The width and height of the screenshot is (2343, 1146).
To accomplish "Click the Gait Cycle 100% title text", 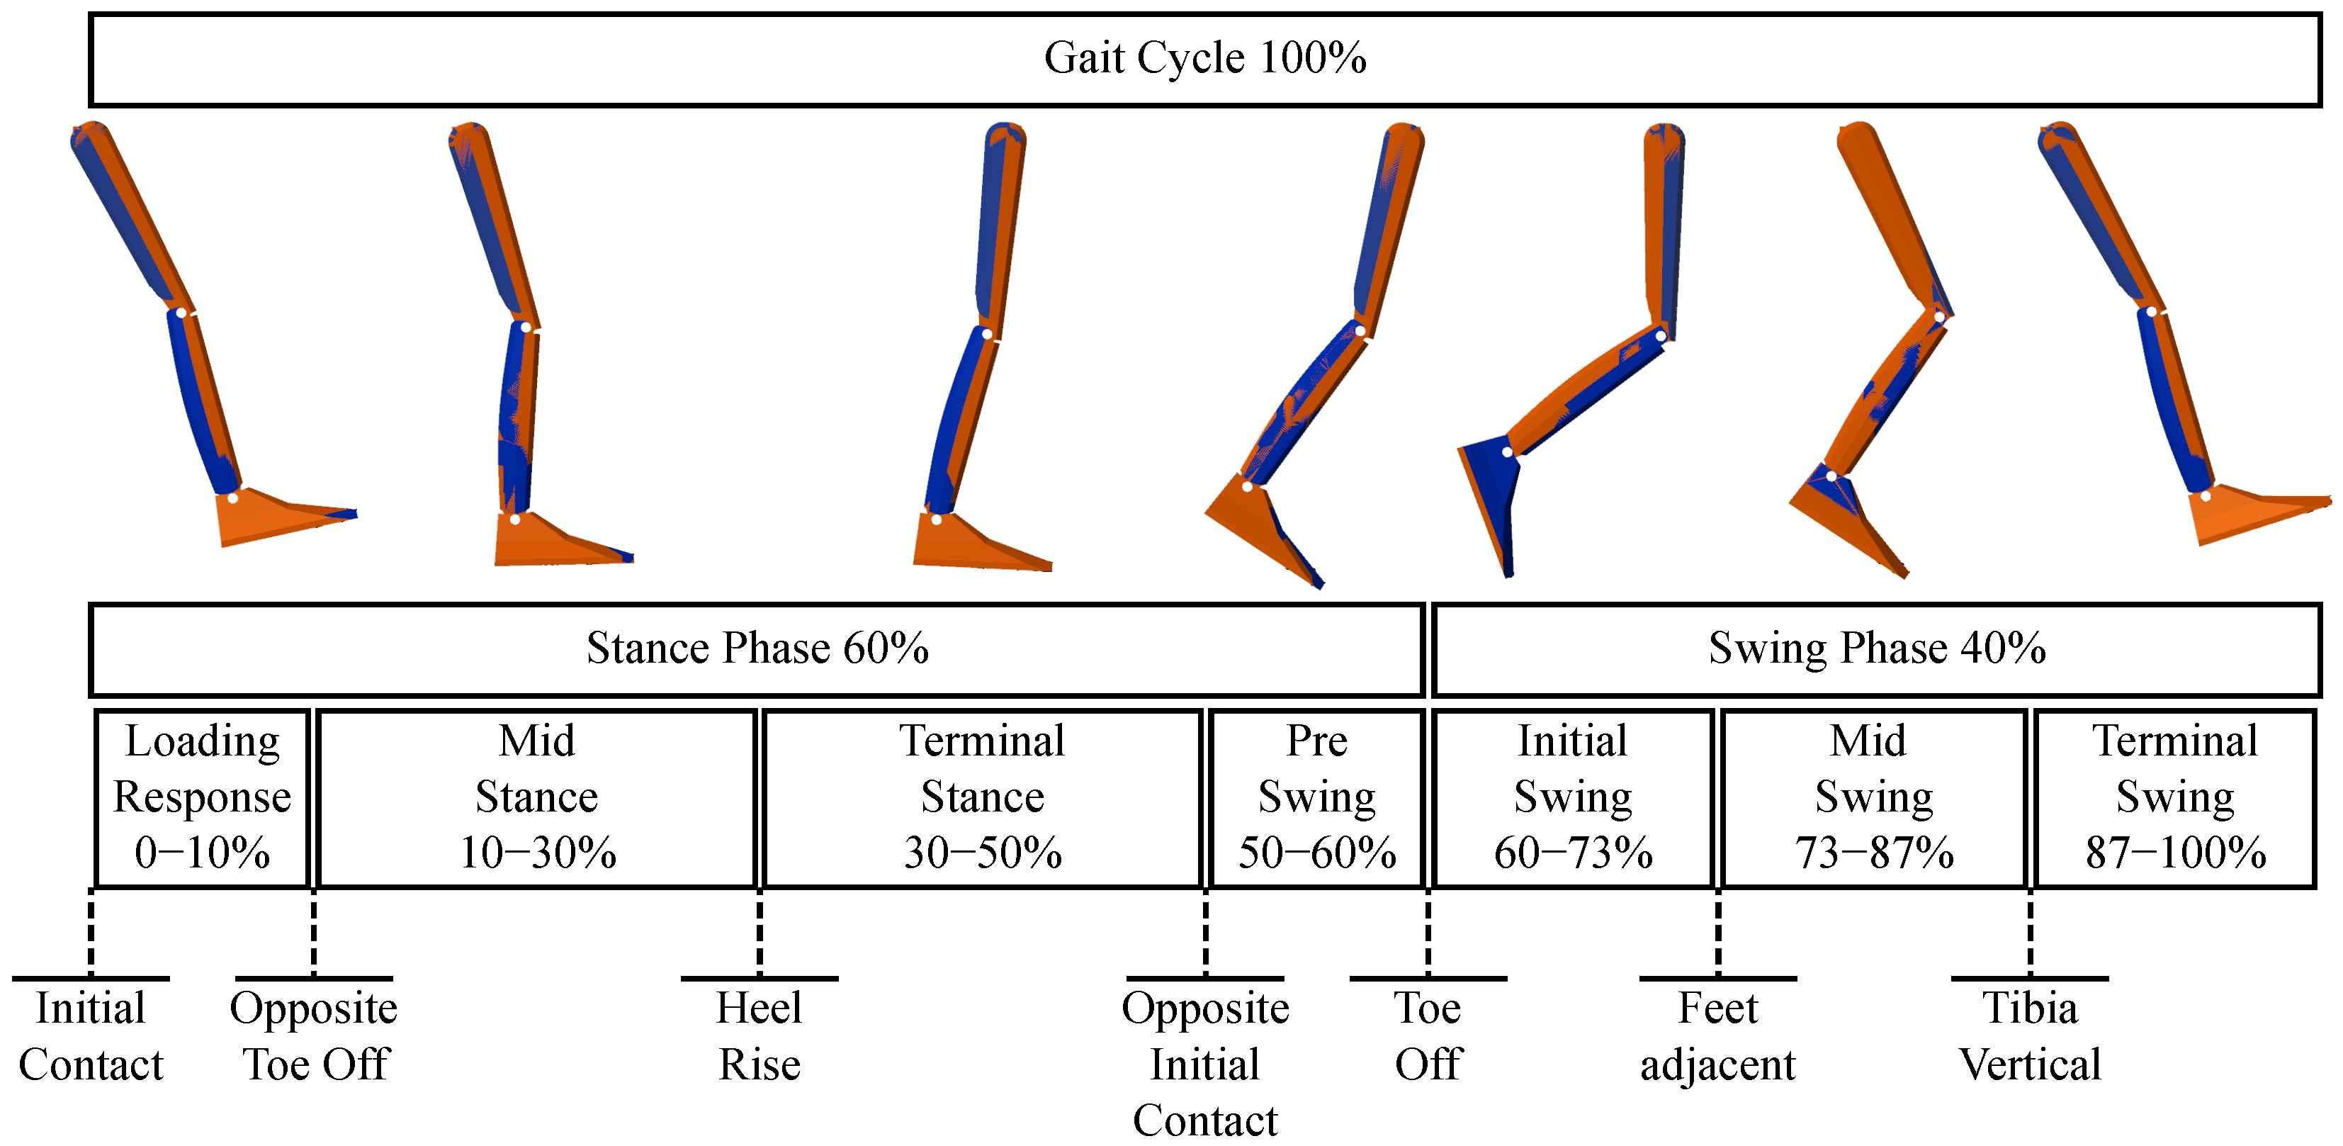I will click(1204, 58).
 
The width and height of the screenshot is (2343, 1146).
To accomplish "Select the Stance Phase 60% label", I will click(757, 648).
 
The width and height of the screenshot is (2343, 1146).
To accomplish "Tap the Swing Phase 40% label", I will click(1876, 648).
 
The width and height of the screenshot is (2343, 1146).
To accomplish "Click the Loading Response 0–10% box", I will click(202, 797).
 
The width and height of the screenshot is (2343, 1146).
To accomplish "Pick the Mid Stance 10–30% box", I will click(536, 797).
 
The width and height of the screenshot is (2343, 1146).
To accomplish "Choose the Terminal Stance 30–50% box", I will click(982, 797).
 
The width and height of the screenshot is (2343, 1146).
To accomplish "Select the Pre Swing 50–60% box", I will click(1316, 797).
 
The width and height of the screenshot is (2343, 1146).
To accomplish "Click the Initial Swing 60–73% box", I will click(1573, 797).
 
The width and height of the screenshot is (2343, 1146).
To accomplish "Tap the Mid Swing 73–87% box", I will click(1874, 797).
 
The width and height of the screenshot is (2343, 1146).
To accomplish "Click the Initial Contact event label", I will click(90, 1036).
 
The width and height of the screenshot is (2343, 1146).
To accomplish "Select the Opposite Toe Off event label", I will click(314, 1036).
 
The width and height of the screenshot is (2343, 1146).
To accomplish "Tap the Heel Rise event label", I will click(760, 1036).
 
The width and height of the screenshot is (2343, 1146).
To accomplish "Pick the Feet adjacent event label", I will click(1717, 1036).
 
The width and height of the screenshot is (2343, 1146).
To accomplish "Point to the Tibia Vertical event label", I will click(2029, 1036).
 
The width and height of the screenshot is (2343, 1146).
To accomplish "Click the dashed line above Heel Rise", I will click(760, 932).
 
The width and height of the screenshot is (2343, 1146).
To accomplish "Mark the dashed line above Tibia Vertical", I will click(2029, 932).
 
